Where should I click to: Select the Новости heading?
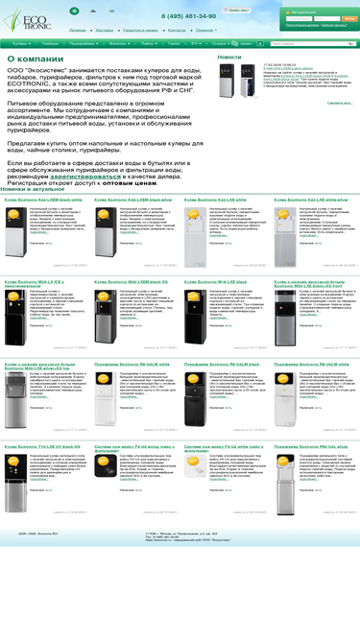click(x=229, y=58)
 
